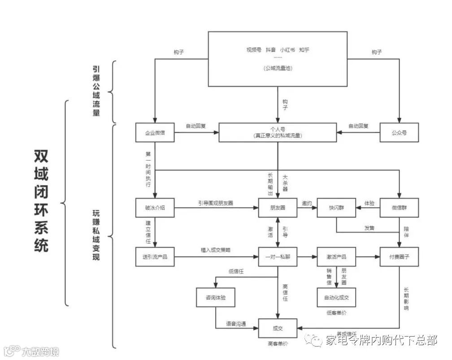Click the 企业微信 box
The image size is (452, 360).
(x=155, y=132)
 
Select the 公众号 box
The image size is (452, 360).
(x=399, y=132)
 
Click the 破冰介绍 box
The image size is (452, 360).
(x=155, y=208)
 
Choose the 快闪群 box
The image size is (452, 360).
(x=336, y=208)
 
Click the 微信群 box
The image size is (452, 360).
(x=399, y=208)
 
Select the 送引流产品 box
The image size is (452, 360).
(x=155, y=257)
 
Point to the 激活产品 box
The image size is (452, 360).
(x=336, y=257)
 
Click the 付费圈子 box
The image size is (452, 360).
(x=399, y=257)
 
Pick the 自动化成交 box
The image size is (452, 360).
(x=336, y=297)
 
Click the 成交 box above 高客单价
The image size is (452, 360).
(x=277, y=328)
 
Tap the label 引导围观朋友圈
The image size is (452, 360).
(x=216, y=203)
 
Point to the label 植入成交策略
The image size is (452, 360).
(x=216, y=250)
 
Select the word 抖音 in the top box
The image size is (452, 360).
(x=271, y=50)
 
